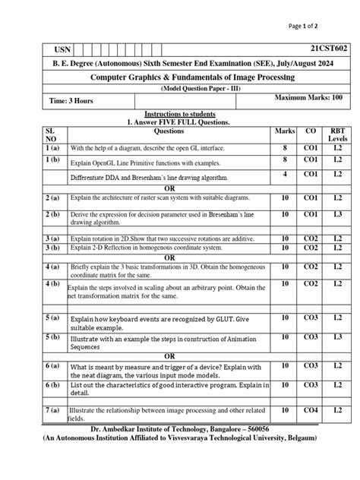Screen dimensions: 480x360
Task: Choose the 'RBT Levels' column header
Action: tap(336, 135)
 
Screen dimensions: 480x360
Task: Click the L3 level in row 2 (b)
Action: tap(336, 215)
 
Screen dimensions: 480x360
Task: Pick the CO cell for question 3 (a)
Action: tap(311, 238)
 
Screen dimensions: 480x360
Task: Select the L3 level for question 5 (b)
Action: tap(336, 336)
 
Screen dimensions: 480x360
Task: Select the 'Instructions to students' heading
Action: tap(179, 114)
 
